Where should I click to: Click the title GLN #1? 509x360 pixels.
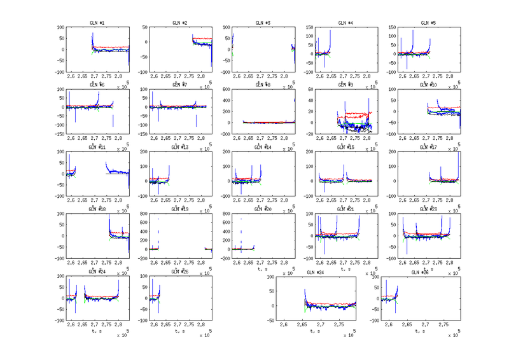[97, 23]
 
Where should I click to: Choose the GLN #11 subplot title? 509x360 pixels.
[97, 147]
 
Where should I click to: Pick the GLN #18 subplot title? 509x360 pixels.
[97, 209]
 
